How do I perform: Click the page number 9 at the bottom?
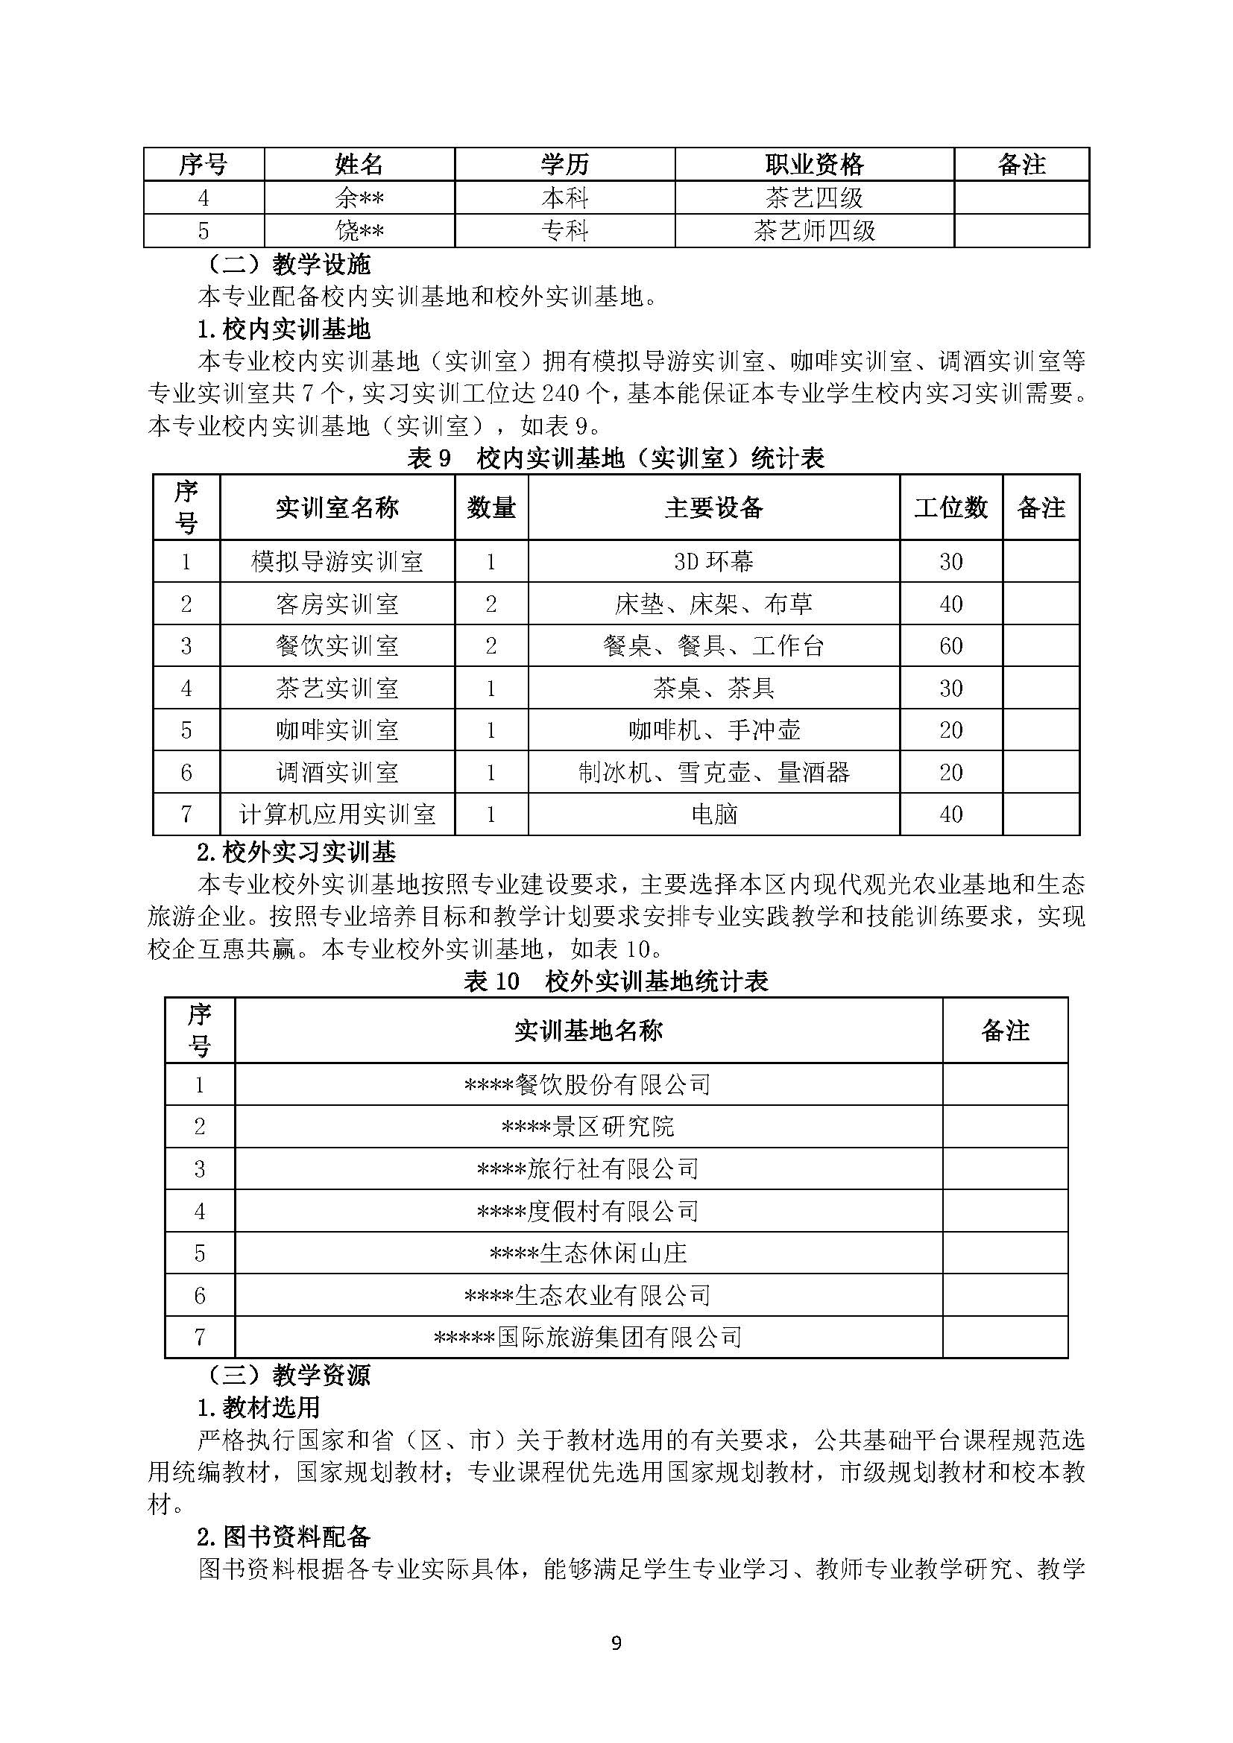click(x=616, y=1644)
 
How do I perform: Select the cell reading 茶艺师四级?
click(x=814, y=231)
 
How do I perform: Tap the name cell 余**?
click(x=359, y=198)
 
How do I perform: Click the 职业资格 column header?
click(x=814, y=164)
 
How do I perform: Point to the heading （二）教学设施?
click(x=289, y=265)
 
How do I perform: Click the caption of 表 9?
click(x=616, y=458)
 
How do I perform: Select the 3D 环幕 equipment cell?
click(x=713, y=562)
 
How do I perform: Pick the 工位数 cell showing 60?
click(x=950, y=646)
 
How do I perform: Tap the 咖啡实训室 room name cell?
click(x=337, y=730)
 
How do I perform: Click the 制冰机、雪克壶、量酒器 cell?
click(x=713, y=773)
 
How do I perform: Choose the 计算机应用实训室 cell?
click(x=337, y=814)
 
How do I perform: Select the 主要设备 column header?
click(x=713, y=507)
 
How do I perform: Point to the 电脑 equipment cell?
click(x=713, y=814)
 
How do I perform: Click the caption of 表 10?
click(x=616, y=981)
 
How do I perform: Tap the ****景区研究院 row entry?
click(x=587, y=1127)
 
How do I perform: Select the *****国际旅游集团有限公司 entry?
click(x=587, y=1337)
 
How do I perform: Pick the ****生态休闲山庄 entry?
click(x=587, y=1253)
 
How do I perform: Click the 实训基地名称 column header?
click(x=587, y=1030)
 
